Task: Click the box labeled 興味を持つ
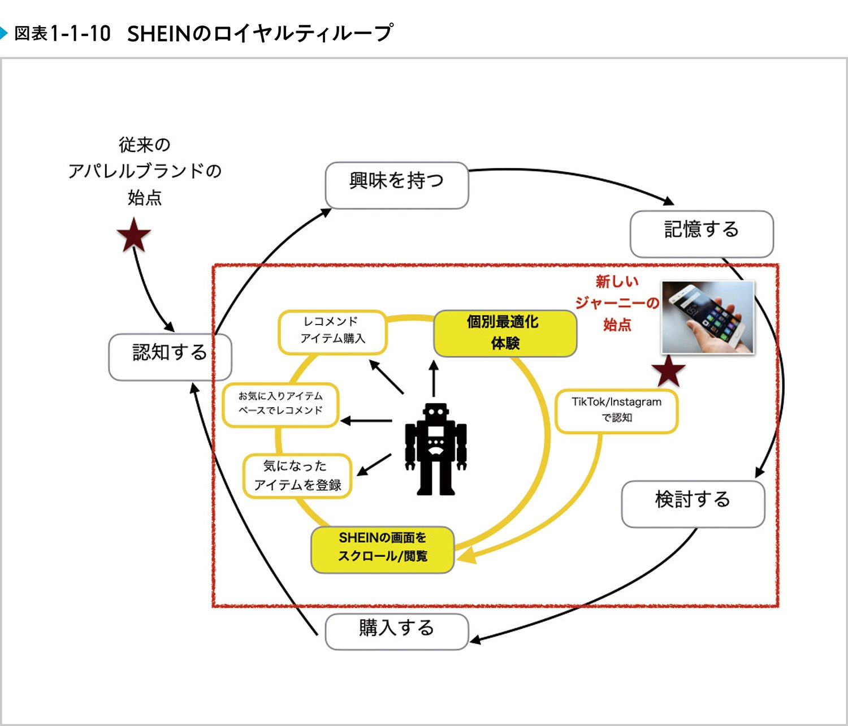point(396,185)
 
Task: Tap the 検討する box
point(693,504)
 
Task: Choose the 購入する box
point(396,632)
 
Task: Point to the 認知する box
point(170,357)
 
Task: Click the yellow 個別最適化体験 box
point(504,333)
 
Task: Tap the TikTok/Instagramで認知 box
point(616,411)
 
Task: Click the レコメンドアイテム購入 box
point(332,332)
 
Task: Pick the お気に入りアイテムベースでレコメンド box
point(280,404)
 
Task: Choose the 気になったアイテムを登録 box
point(297,476)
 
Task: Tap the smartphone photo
point(708,317)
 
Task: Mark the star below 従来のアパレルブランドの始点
point(134,236)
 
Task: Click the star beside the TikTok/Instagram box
point(668,371)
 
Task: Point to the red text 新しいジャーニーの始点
point(617,303)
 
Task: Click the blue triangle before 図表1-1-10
point(4,33)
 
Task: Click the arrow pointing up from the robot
point(434,378)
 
